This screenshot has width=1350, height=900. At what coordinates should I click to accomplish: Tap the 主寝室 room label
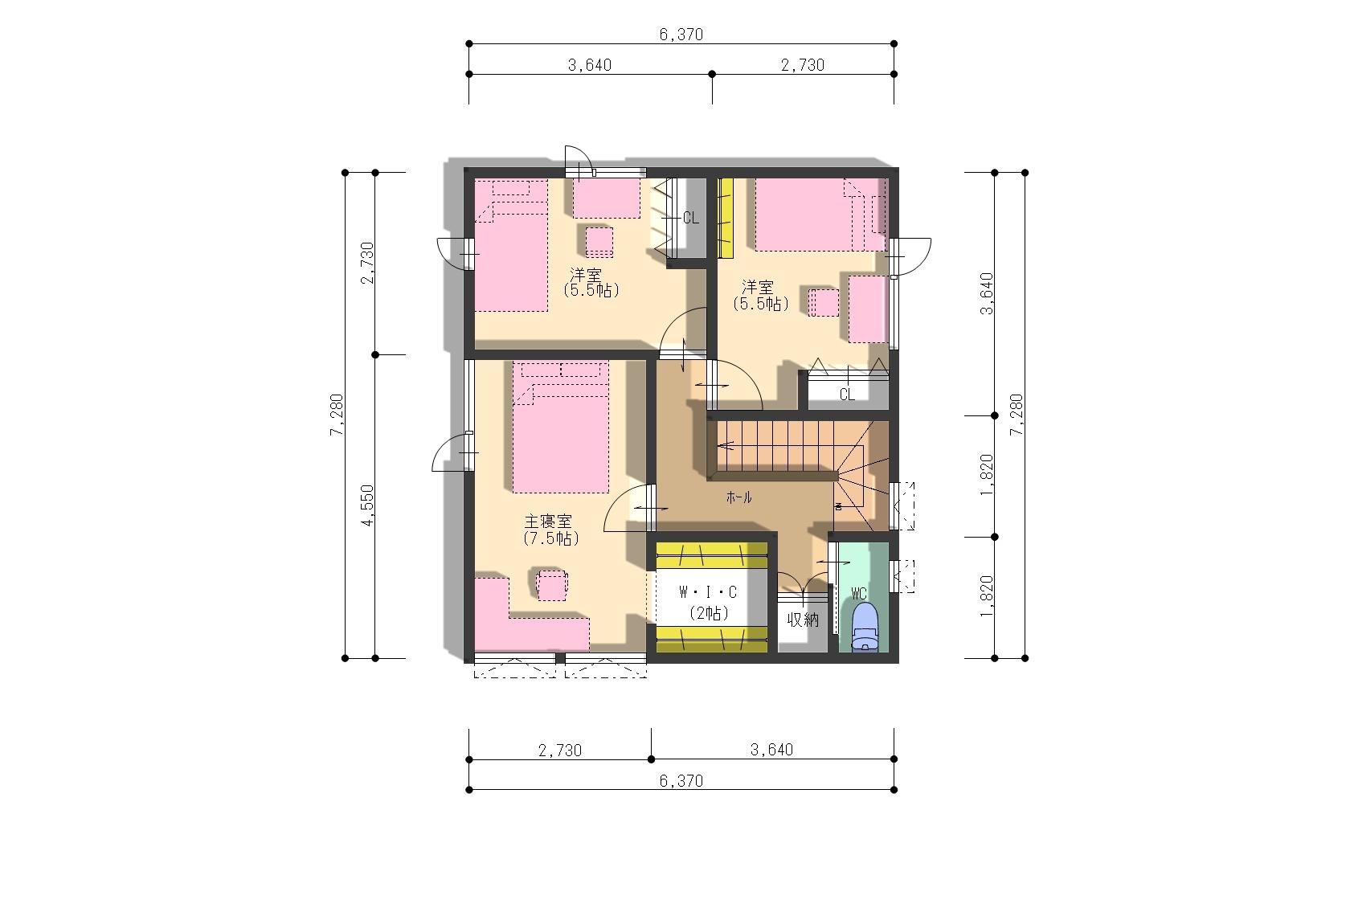(x=548, y=520)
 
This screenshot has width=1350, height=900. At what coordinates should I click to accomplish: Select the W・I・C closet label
(x=708, y=592)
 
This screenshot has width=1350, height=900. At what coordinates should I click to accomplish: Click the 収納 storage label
(x=803, y=620)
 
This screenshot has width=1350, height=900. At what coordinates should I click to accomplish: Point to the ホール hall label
(x=739, y=497)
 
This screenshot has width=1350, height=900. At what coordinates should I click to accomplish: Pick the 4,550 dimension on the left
(x=367, y=505)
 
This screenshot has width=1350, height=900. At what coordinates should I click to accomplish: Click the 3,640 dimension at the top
(x=590, y=65)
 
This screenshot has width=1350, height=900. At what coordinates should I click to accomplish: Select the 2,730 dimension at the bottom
(x=560, y=751)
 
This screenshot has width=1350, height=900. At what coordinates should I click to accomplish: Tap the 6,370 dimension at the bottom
(x=681, y=781)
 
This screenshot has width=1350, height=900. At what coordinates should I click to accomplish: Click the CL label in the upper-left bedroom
(x=691, y=219)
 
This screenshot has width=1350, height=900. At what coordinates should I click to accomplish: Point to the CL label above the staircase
(x=847, y=395)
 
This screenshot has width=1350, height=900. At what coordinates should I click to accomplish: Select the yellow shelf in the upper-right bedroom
(x=725, y=218)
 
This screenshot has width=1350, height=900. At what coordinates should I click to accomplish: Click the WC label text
(x=859, y=594)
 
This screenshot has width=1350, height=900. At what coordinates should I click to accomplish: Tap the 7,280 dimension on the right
(x=1017, y=415)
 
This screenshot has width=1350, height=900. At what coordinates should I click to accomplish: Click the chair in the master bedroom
(x=551, y=584)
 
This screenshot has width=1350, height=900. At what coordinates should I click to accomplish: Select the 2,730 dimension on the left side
(x=367, y=263)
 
